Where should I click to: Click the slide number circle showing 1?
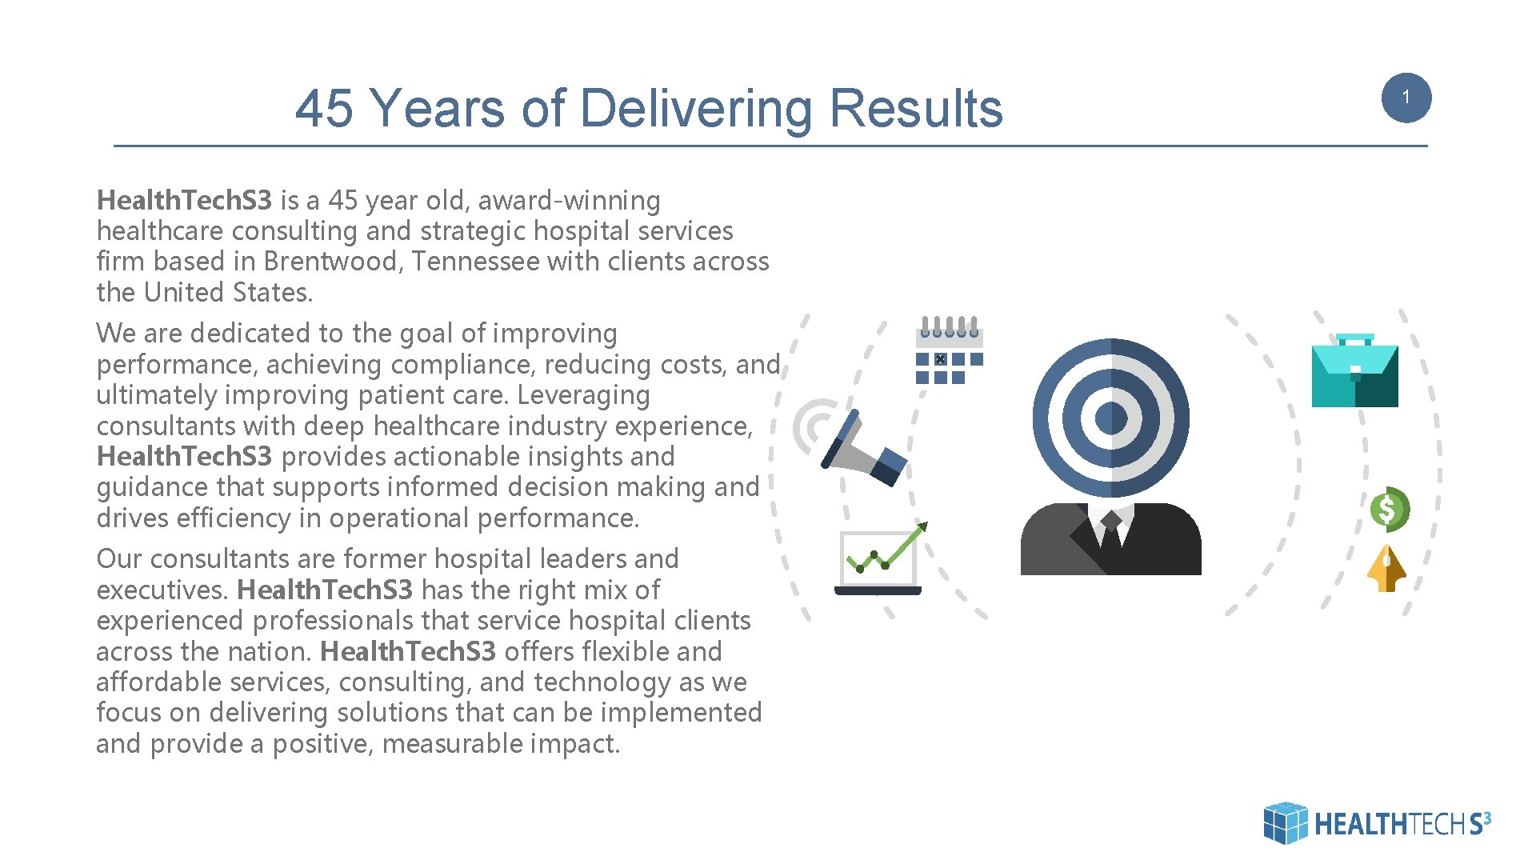click(x=1406, y=98)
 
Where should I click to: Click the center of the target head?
click(x=1110, y=418)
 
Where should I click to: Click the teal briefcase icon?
click(x=1354, y=373)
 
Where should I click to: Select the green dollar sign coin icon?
click(x=1389, y=509)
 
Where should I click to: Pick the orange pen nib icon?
click(x=1386, y=569)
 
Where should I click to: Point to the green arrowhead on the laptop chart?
click(x=922, y=526)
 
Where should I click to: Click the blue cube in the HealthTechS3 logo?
click(x=1285, y=822)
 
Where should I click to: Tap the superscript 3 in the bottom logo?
click(x=1486, y=817)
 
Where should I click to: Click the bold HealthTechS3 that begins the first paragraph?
click(x=184, y=200)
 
